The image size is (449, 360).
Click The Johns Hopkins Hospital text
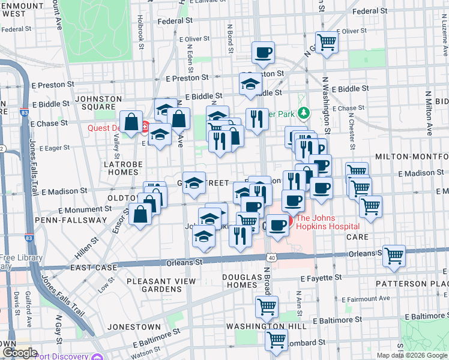point(328,222)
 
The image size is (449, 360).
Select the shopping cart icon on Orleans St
point(394,255)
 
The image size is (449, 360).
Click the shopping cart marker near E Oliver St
point(327,41)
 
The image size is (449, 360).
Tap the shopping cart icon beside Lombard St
point(276,339)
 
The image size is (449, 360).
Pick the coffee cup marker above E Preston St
point(263,52)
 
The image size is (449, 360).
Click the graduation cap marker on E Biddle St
point(250,84)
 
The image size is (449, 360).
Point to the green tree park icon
point(304,112)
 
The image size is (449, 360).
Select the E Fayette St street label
point(322,278)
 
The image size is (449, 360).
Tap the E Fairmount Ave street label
point(364,299)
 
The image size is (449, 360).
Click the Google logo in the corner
point(19,353)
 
